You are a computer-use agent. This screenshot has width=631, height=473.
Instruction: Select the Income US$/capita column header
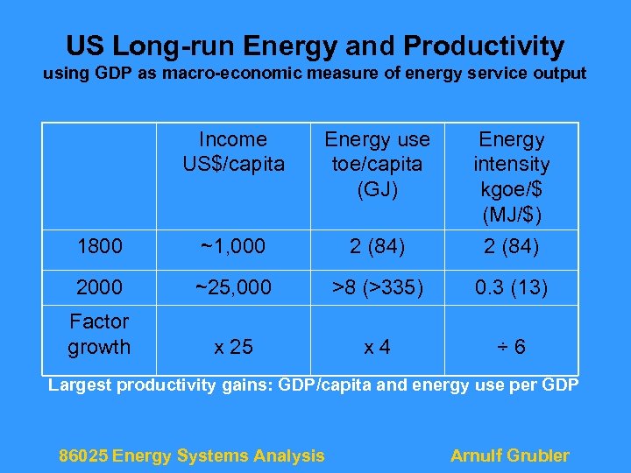(233, 152)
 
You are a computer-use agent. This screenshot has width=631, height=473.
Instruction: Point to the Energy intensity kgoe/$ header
(512, 176)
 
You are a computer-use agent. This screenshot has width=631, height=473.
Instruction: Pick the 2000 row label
(99, 286)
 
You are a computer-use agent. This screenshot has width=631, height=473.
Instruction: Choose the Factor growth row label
(99, 334)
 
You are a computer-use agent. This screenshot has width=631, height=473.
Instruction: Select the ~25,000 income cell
(233, 286)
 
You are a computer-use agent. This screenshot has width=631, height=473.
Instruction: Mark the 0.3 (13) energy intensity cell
(512, 286)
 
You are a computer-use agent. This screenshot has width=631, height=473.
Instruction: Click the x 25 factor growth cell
(233, 347)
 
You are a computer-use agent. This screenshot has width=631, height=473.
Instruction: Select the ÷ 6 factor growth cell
(512, 347)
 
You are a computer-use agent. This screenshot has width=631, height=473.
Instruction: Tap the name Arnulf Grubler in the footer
(509, 455)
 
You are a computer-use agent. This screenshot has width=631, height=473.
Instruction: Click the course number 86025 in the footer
(83, 455)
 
